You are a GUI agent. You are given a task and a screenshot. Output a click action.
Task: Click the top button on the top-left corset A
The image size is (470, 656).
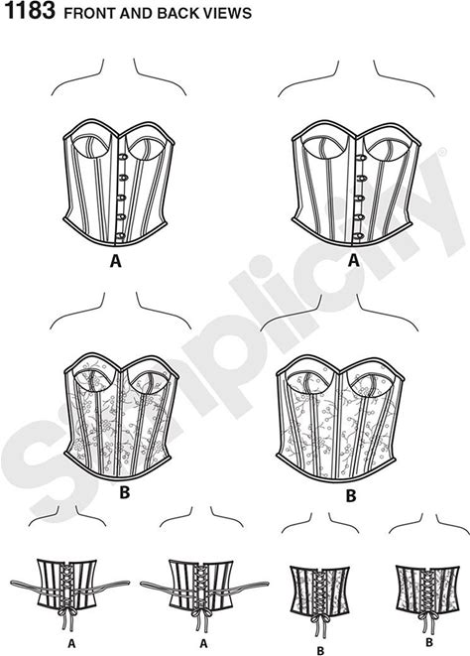pyautogui.click(x=123, y=157)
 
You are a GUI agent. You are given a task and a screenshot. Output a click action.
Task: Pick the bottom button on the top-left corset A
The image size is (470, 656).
pyautogui.click(x=121, y=236)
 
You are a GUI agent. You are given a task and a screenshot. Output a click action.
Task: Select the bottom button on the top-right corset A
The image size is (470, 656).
pyautogui.click(x=358, y=236)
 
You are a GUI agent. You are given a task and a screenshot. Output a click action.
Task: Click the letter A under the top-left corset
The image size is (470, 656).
pyautogui.click(x=115, y=261)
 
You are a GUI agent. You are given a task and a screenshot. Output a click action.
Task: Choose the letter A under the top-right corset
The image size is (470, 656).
pyautogui.click(x=354, y=261)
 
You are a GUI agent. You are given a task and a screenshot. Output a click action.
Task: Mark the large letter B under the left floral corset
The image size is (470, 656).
pyautogui.click(x=124, y=492)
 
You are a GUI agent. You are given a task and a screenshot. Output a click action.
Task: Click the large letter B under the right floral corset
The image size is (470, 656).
pyautogui.click(x=351, y=496)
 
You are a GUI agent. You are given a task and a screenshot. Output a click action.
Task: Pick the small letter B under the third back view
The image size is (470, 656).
pyautogui.click(x=320, y=651)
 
